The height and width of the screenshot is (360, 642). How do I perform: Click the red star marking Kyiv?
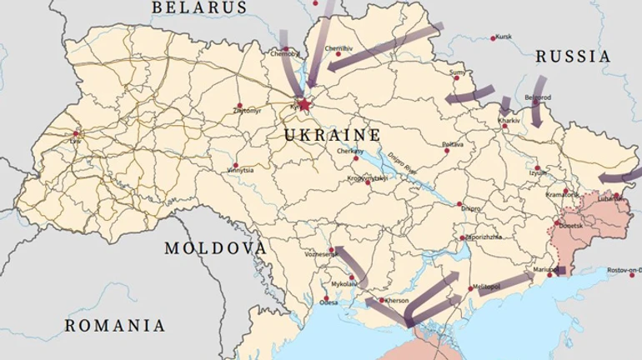[303, 105]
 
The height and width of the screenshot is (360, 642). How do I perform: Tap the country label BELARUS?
[199, 7]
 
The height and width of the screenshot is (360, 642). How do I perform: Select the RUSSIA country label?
[573, 57]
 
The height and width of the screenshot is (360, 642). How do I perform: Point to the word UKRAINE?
[332, 135]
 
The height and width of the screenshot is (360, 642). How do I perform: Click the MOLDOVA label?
[215, 248]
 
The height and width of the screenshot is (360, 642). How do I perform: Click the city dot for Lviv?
[76, 133]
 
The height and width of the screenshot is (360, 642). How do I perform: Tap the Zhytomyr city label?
[248, 110]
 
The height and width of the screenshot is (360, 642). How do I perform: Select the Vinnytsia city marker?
[235, 165]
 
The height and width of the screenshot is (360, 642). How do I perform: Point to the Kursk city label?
[502, 37]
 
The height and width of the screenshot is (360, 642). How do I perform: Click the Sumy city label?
[457, 72]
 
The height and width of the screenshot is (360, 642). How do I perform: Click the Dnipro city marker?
[459, 204]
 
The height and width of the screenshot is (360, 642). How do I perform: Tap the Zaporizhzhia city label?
[483, 237]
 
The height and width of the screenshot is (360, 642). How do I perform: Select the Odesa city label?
[329, 302]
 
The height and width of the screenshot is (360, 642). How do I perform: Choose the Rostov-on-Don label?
[624, 270]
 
